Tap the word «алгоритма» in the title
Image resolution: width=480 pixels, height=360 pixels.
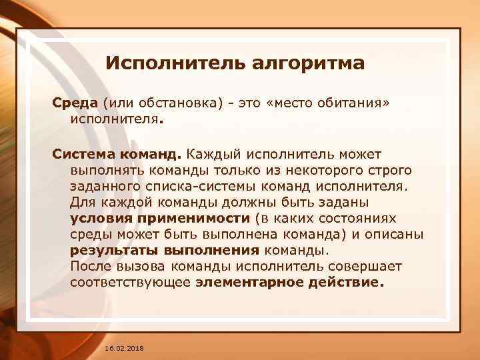(x=308, y=64)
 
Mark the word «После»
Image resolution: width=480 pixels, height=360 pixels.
(x=89, y=266)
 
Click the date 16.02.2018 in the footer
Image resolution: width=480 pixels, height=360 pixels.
(x=124, y=349)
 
